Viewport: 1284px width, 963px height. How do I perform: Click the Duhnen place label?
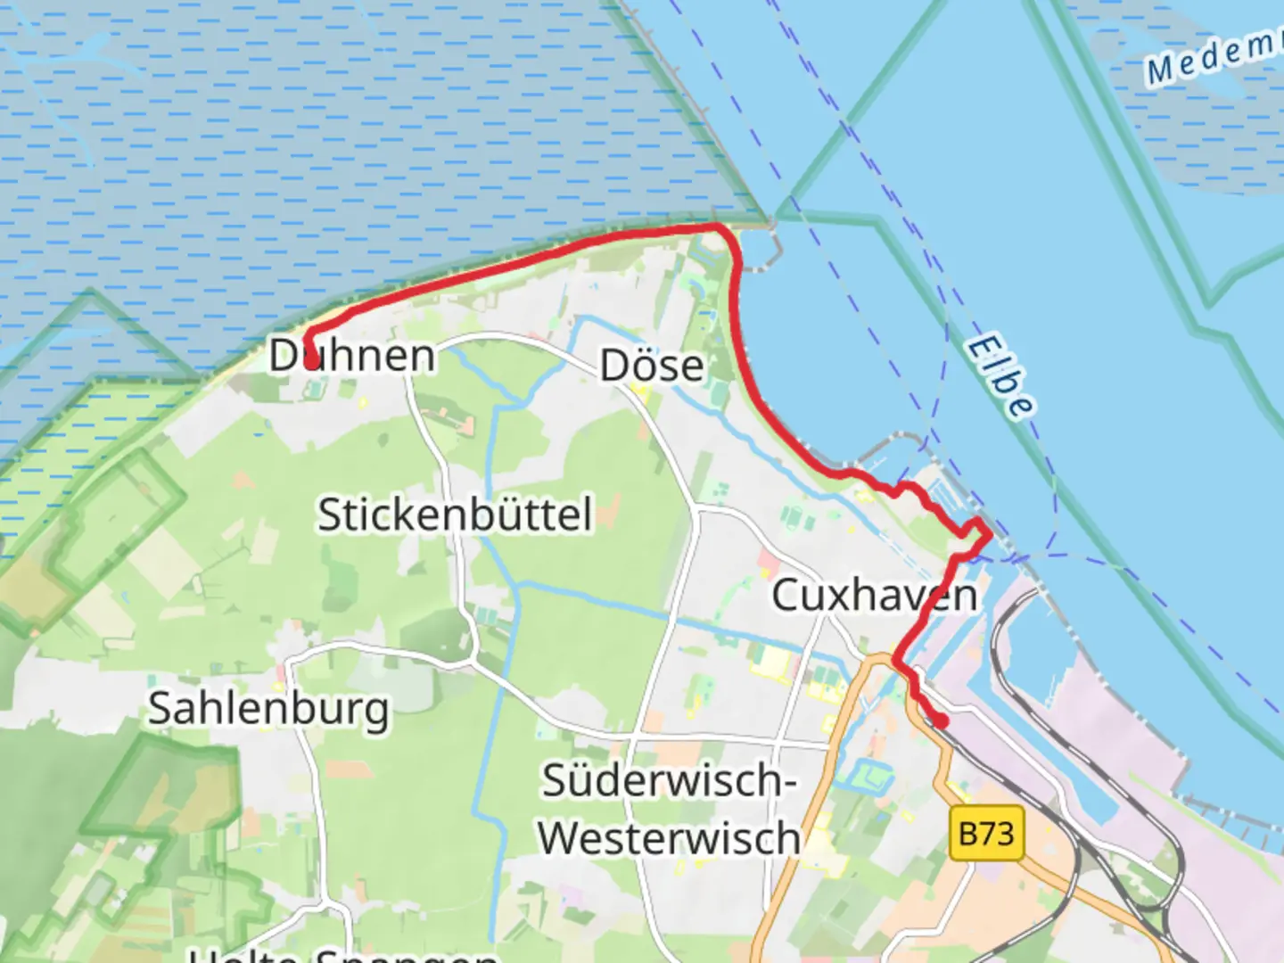(352, 355)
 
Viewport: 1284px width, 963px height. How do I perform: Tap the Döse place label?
(652, 366)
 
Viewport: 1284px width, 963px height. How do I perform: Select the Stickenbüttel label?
(455, 514)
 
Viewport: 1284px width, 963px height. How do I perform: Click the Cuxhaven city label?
(874, 595)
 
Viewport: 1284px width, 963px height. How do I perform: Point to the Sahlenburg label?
(268, 709)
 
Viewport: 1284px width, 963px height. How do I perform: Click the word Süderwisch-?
(669, 781)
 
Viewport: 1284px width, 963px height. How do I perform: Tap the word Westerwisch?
(669, 838)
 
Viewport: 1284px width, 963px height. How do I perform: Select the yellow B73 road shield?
(986, 834)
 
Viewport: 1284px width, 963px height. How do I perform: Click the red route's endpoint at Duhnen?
(310, 361)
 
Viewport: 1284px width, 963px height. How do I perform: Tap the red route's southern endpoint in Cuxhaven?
(940, 720)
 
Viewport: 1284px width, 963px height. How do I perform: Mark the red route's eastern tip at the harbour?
(987, 535)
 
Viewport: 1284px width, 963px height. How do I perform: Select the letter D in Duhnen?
(284, 355)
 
